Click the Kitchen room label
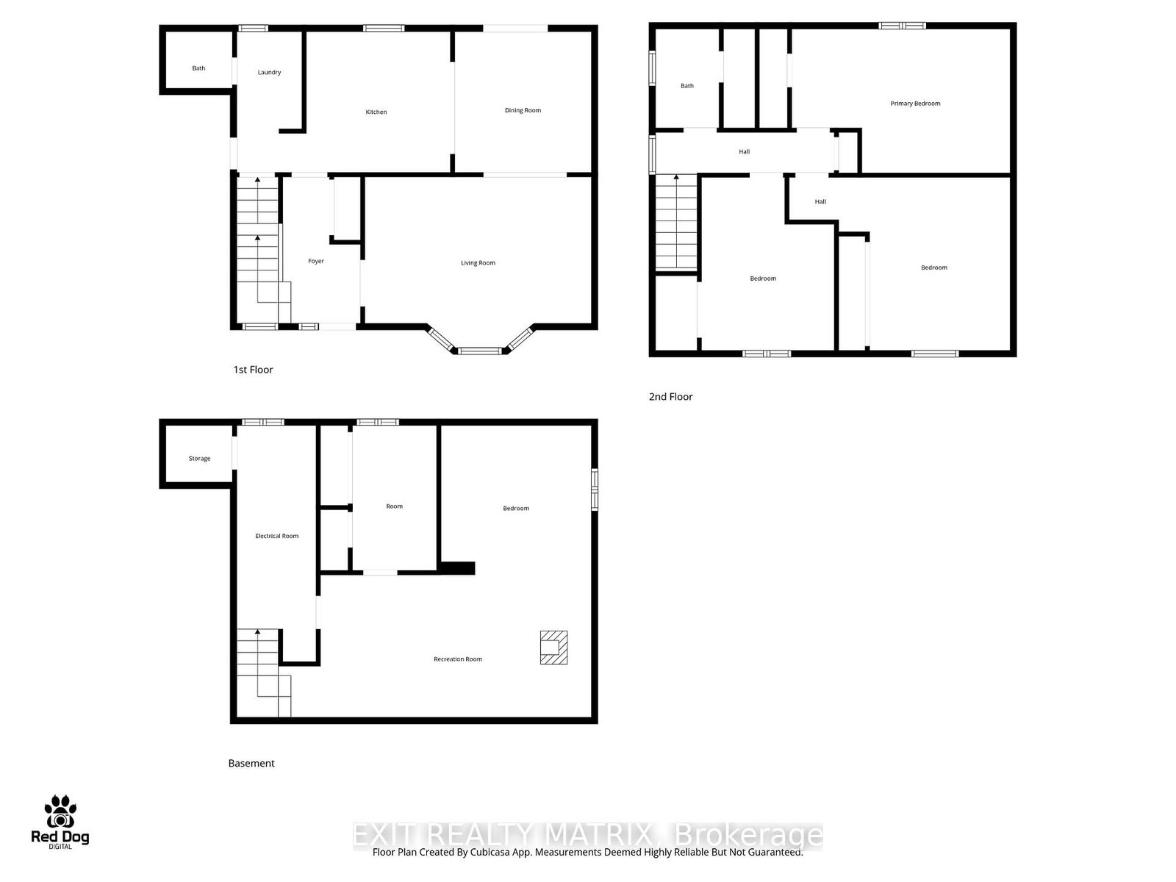point(376,112)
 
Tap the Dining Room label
point(523,110)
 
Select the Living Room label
point(478,262)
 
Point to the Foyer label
point(316,261)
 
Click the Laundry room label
point(269,72)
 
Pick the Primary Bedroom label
point(915,104)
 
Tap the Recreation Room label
point(458,659)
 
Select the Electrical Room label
point(277,536)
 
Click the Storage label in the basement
point(199,459)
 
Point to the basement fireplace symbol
point(553,648)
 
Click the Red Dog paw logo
point(60,812)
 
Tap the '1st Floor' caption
point(253,370)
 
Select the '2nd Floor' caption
point(670,397)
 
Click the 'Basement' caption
point(251,764)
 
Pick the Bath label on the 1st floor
point(198,68)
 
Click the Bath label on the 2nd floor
point(687,86)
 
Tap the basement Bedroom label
point(516,509)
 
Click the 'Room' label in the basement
point(395,506)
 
